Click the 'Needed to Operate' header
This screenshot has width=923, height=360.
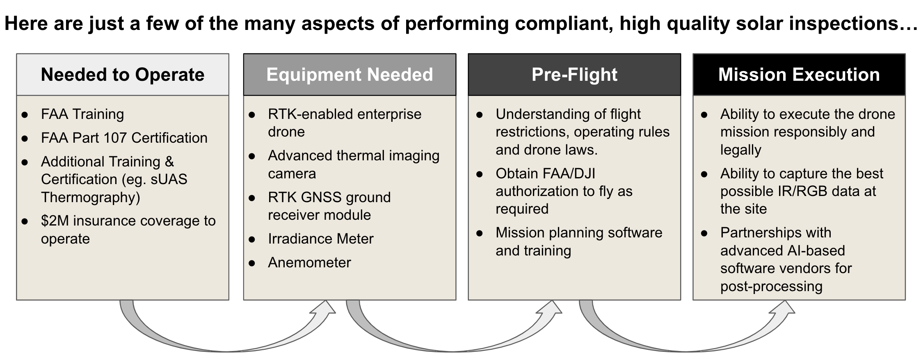tap(123, 75)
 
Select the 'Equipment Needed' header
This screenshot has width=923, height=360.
tap(350, 75)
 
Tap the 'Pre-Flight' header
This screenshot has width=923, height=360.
tap(574, 75)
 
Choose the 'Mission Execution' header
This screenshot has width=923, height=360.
tap(799, 75)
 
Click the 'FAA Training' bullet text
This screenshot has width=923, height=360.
tap(82, 114)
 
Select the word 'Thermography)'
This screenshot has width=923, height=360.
tap(91, 197)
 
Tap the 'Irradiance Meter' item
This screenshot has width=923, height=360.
tap(321, 239)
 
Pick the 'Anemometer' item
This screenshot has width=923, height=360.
tap(309, 262)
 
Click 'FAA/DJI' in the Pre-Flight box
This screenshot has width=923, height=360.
tap(568, 173)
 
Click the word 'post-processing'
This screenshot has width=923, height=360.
tap(771, 286)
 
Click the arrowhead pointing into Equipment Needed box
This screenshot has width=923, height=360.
tap(324, 310)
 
